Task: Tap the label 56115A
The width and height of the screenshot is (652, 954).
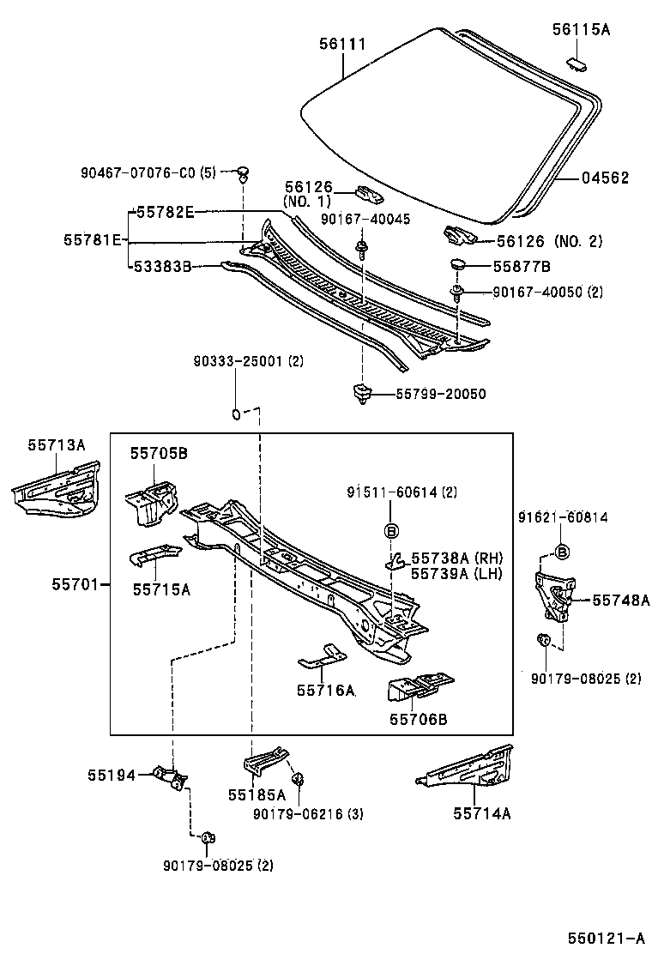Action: point(580,29)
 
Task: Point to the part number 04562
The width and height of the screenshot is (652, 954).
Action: point(605,178)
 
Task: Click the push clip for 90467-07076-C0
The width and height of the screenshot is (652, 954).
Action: point(244,175)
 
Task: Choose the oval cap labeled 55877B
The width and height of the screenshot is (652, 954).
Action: point(456,266)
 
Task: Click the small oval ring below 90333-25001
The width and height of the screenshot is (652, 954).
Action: point(234,415)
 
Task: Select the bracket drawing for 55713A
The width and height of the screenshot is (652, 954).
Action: point(57,487)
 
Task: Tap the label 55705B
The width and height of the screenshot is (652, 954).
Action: point(159,453)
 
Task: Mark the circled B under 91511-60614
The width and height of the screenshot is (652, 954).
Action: point(391,531)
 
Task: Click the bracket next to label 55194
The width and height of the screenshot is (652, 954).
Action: point(171,776)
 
